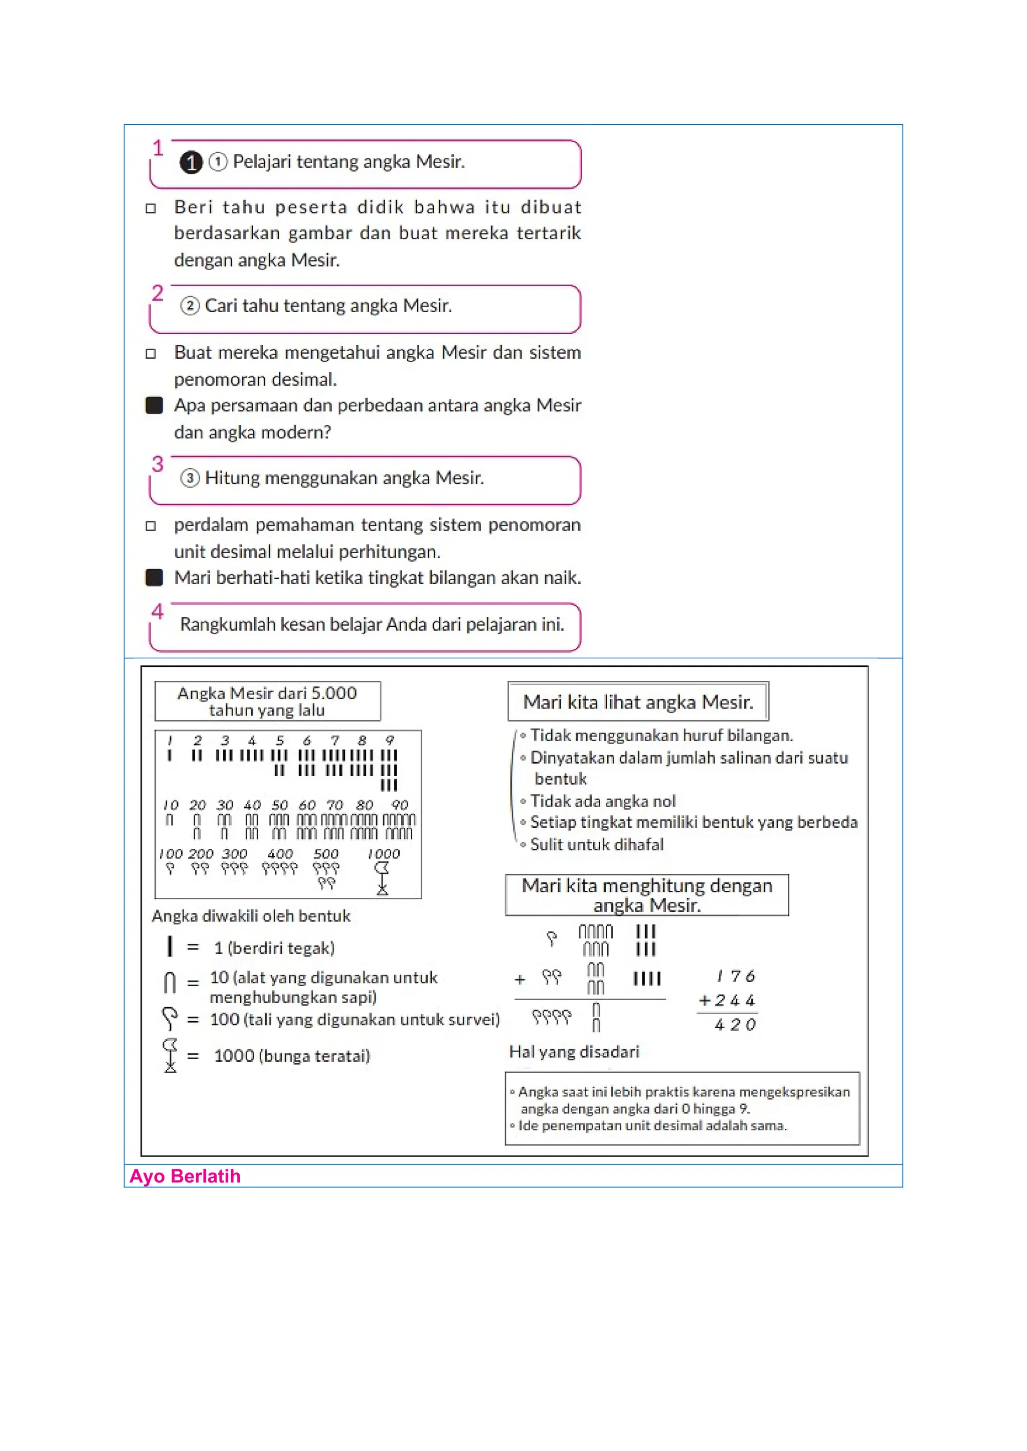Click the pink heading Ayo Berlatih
click(x=185, y=1176)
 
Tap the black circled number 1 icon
click(x=191, y=162)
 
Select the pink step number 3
click(x=157, y=464)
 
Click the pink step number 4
click(x=157, y=611)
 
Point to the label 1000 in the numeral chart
click(x=384, y=854)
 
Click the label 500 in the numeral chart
click(x=326, y=854)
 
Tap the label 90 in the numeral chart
click(x=400, y=805)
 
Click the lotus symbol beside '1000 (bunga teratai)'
click(x=170, y=1055)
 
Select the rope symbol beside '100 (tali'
click(x=169, y=1018)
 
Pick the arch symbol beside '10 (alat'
click(x=169, y=983)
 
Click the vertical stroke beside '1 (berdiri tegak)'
click(x=169, y=946)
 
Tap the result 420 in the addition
click(x=735, y=1025)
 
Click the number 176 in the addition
click(x=736, y=977)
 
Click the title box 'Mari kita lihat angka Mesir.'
click(x=638, y=701)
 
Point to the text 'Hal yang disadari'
click(x=574, y=1052)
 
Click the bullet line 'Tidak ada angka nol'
click(x=603, y=801)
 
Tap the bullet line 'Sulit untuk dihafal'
click(x=597, y=844)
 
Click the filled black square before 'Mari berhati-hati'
click(x=154, y=578)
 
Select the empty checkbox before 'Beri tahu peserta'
click(x=151, y=208)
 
